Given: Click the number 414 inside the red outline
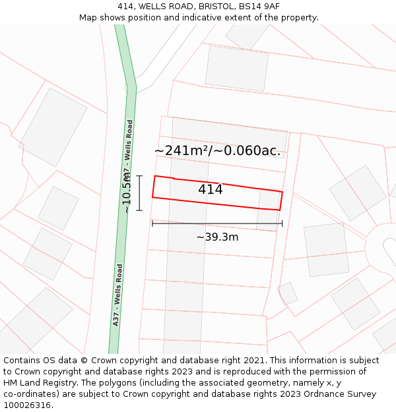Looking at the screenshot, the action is click(211, 190).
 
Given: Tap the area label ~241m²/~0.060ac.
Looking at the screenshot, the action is click(217, 151).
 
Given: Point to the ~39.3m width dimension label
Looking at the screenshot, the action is click(217, 237).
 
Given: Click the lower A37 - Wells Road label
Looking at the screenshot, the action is click(118, 295).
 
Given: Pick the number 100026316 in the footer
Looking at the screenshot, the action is click(28, 405).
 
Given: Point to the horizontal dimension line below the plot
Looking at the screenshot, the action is click(217, 223).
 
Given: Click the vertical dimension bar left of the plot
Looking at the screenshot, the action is click(139, 192).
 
